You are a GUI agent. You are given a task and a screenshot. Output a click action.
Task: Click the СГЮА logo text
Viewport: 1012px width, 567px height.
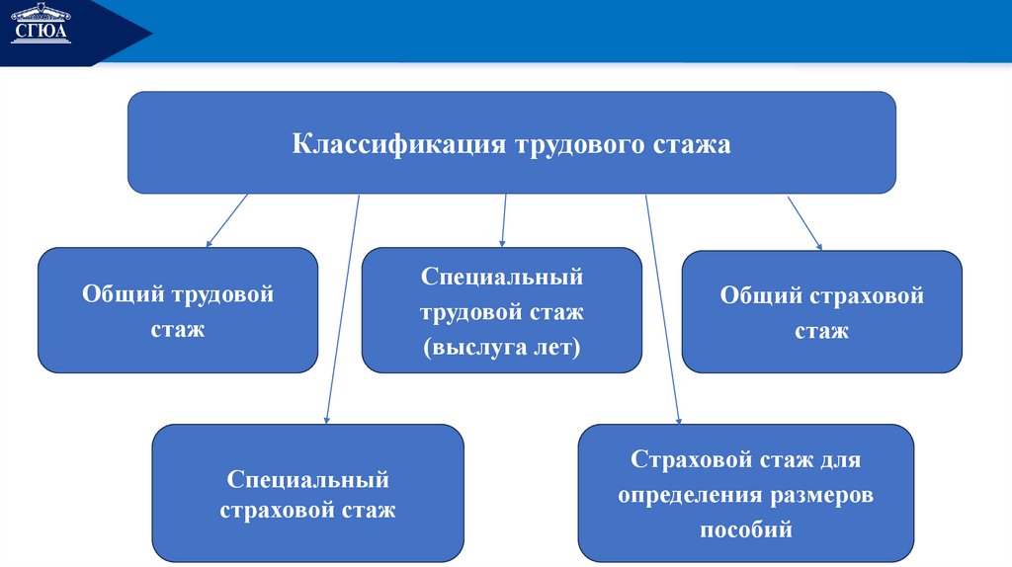coord(41,33)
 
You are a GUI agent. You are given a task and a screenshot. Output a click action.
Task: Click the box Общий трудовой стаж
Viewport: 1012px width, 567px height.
coord(178,310)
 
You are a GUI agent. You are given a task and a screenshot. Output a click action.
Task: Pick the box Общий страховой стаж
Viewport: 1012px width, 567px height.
coord(821,311)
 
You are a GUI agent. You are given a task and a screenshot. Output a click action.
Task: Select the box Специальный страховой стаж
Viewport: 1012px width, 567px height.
coord(307,493)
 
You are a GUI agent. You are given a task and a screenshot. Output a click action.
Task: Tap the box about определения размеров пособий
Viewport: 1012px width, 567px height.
coord(746,493)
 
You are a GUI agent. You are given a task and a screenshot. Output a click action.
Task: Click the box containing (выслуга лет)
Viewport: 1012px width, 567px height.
coord(501,310)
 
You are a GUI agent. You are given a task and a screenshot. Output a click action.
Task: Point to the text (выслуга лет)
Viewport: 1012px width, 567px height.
coord(501,347)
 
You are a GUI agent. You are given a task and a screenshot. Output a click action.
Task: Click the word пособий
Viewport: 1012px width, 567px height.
coord(747,528)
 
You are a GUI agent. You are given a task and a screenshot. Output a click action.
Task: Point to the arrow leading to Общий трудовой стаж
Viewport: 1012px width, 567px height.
coord(226,220)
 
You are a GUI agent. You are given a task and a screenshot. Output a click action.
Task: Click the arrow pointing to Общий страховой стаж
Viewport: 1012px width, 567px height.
coord(804,222)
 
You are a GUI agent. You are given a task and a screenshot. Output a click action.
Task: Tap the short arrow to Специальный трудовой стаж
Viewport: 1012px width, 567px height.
coord(504,219)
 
